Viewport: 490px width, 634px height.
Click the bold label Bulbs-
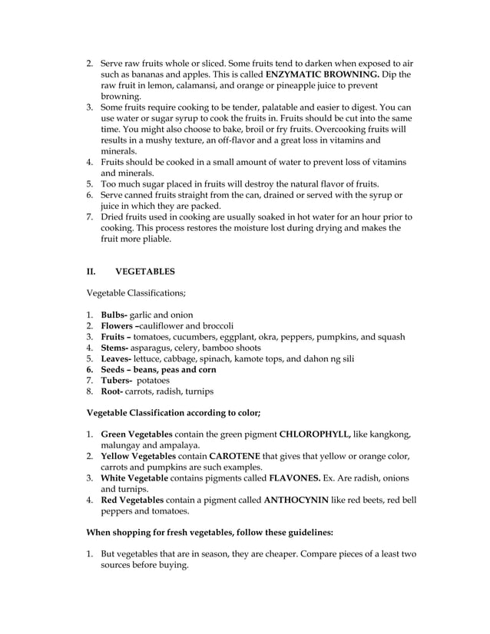pos(114,315)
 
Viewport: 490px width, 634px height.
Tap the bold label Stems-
pos(116,348)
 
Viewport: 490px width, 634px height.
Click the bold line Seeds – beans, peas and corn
pos(158,369)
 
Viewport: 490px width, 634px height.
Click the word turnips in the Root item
pos(197,391)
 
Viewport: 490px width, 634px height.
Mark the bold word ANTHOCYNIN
pos(299,500)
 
